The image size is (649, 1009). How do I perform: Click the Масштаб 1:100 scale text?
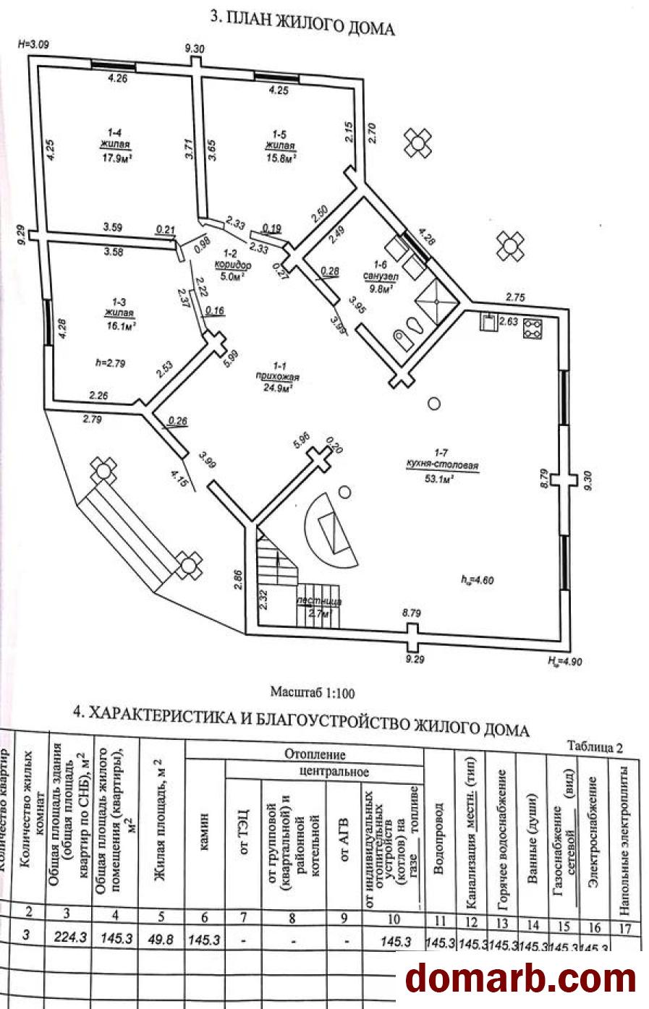[x=313, y=692]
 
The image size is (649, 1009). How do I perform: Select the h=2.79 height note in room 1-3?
[x=111, y=362]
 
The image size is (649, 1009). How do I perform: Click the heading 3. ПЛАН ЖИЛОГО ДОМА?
[x=302, y=22]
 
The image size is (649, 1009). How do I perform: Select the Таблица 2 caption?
[x=594, y=747]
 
